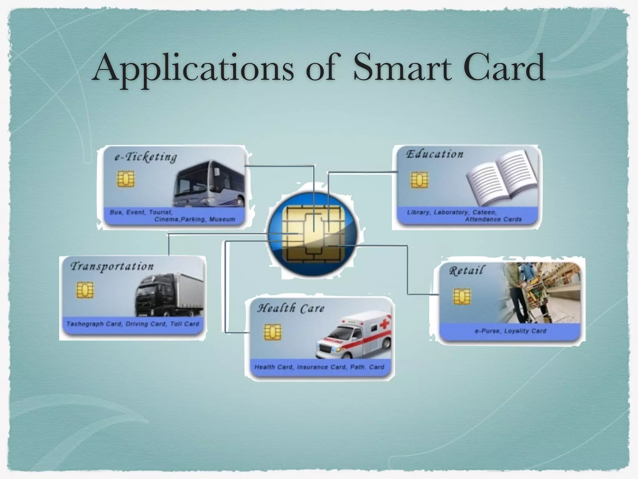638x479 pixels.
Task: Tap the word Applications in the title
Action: click(x=193, y=68)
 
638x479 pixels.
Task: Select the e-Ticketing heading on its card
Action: click(x=146, y=157)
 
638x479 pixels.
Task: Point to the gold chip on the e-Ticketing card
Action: click(x=126, y=179)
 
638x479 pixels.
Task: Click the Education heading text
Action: click(x=435, y=154)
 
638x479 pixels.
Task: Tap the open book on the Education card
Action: click(x=502, y=178)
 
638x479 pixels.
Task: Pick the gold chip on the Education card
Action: click(x=419, y=180)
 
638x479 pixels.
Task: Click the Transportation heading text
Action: click(x=112, y=266)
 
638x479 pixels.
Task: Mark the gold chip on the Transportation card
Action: click(x=85, y=290)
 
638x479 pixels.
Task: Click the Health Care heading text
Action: click(x=291, y=308)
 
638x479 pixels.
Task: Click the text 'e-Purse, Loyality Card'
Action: click(x=510, y=331)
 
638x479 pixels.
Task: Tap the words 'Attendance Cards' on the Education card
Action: click(x=493, y=219)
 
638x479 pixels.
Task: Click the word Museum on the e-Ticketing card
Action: click(x=222, y=219)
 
